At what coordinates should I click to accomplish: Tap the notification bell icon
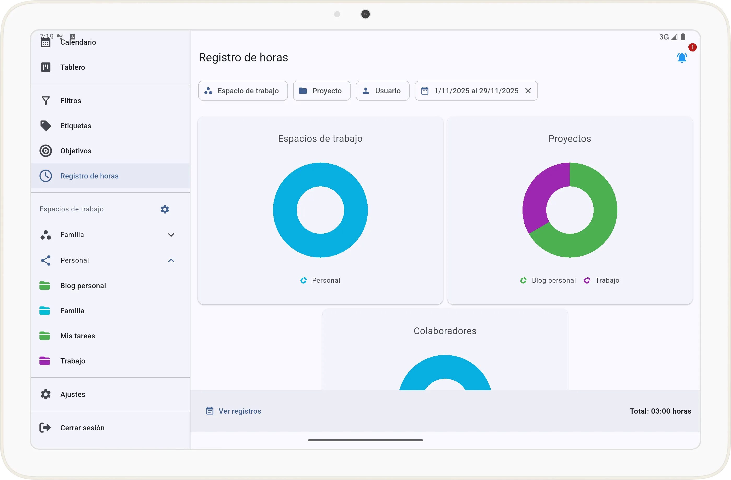[682, 58]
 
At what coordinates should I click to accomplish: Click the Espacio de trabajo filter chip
[243, 91]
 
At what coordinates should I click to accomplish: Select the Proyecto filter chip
[322, 91]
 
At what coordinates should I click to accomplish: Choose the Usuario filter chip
[382, 91]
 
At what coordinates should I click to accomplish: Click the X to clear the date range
[528, 91]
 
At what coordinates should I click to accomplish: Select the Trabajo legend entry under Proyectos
[602, 280]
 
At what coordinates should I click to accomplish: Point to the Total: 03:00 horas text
[660, 411]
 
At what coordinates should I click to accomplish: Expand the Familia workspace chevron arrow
[171, 235]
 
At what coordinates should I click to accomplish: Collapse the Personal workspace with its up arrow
[171, 261]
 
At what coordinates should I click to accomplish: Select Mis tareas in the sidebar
[77, 336]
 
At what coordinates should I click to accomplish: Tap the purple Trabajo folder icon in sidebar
[45, 361]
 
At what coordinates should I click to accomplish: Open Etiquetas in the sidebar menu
[76, 126]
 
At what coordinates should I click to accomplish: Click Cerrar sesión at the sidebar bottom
[82, 428]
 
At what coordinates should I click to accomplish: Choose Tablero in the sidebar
[72, 67]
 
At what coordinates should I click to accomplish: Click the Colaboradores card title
[445, 331]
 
